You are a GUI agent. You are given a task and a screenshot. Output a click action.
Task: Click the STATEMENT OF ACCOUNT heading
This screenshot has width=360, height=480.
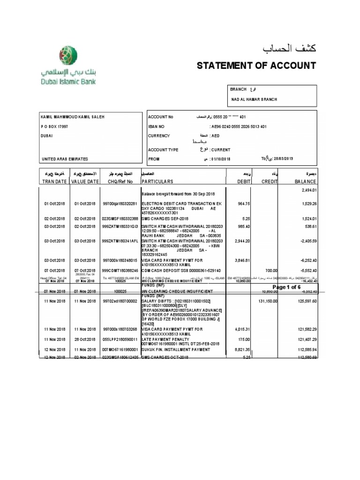coord(256,65)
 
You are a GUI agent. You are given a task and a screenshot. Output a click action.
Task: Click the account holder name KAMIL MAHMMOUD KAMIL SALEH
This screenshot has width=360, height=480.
coord(72,117)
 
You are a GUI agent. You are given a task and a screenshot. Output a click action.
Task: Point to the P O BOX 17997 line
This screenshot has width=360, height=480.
coord(55,126)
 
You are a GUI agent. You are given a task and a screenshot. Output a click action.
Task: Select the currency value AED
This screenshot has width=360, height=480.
coord(216,136)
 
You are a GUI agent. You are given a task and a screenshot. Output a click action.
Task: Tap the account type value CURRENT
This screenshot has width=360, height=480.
coord(220,150)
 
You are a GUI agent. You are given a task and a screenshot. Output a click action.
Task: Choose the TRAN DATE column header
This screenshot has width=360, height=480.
coord(54,181)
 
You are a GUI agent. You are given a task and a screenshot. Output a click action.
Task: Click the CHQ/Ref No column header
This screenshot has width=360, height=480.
coord(120,181)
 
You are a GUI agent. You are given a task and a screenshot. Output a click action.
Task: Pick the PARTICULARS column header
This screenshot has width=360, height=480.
coord(157,181)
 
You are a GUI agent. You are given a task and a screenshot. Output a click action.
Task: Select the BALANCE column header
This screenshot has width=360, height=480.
coord(305,181)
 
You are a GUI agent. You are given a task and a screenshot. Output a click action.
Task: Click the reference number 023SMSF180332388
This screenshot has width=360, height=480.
coord(120,218)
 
